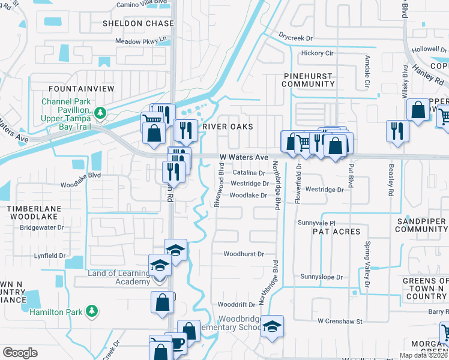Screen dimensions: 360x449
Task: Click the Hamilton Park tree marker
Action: pyautogui.click(x=92, y=311)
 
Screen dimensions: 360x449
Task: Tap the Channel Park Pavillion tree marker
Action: pyautogui.click(x=101, y=112)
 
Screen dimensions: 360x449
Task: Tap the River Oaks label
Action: pyautogui.click(x=228, y=127)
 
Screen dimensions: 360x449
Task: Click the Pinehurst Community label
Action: pyautogui.click(x=307, y=80)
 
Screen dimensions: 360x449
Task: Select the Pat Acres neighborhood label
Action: pyautogui.click(x=337, y=231)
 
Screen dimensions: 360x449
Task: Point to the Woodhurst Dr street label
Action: pyautogui.click(x=244, y=254)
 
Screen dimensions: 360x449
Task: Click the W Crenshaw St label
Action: pyautogui.click(x=340, y=322)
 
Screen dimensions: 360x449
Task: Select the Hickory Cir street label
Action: pyautogui.click(x=318, y=53)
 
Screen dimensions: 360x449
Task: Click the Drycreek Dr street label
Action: pyautogui.click(x=297, y=37)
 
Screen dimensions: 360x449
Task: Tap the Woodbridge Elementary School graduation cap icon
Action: pyautogui.click(x=273, y=326)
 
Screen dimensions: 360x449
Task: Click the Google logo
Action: pyautogui.click(x=20, y=352)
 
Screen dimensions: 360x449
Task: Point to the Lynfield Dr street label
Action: pyautogui.click(x=50, y=256)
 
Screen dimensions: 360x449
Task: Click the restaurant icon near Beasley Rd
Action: pyautogui.click(x=397, y=130)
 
